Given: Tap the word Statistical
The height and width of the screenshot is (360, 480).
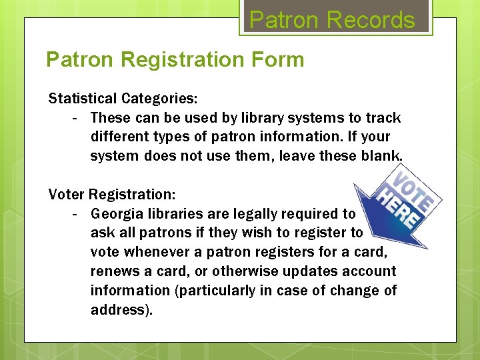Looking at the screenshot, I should pos(83,99).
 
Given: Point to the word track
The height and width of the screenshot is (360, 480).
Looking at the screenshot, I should pos(383,118).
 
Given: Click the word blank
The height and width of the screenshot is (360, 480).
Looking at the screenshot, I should pos(383,156).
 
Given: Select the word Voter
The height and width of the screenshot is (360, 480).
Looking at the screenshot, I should pos(67,195).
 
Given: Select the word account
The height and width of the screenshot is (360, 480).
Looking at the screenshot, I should pos(370,271).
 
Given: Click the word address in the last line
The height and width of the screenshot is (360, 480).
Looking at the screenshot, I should pos(117,310).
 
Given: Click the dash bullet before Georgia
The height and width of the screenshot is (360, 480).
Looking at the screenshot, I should pos(76,214).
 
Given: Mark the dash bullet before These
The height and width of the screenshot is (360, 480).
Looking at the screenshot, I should pos(76,118).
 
